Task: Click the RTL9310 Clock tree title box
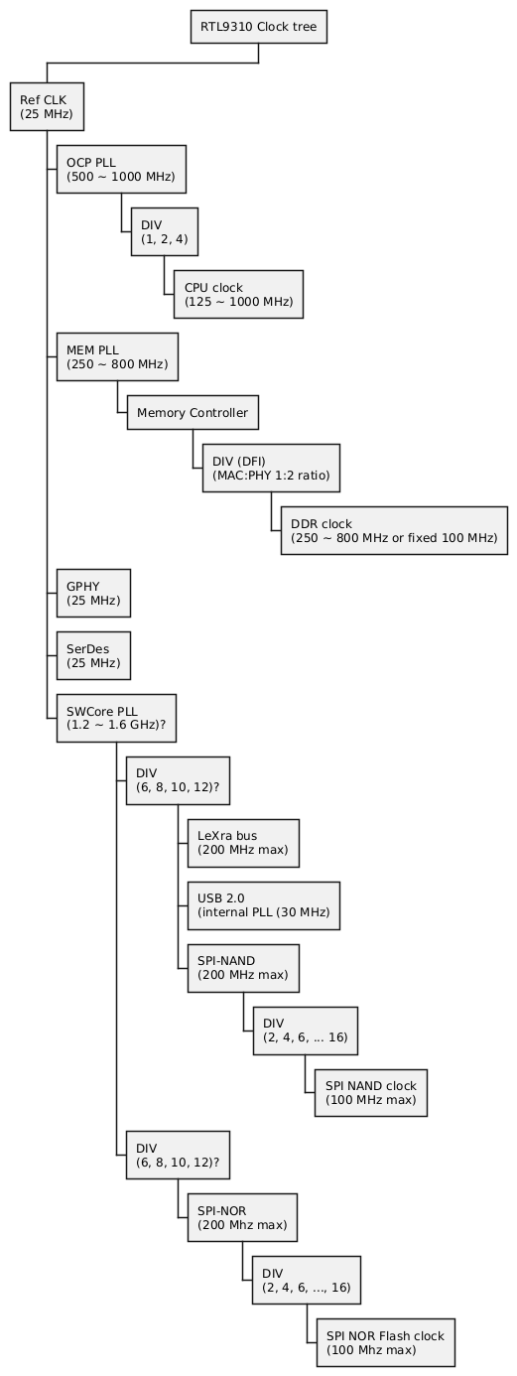[258, 27]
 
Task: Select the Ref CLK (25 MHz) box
[47, 106]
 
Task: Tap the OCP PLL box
[121, 169]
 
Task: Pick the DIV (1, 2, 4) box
[164, 231]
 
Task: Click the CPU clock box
[238, 294]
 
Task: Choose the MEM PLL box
[117, 356]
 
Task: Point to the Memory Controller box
[193, 412]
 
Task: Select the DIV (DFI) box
[271, 468]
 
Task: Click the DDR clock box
[394, 531]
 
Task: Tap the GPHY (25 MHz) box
[93, 593]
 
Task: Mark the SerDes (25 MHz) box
[93, 655]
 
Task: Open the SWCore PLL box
[116, 718]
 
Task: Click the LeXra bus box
[243, 843]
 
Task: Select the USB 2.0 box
[263, 905]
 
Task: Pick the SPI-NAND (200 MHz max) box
[243, 968]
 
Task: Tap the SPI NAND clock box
[371, 1093]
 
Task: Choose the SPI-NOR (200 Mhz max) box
[242, 1217]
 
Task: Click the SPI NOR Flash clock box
[386, 1342]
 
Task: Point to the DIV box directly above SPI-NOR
[178, 1155]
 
